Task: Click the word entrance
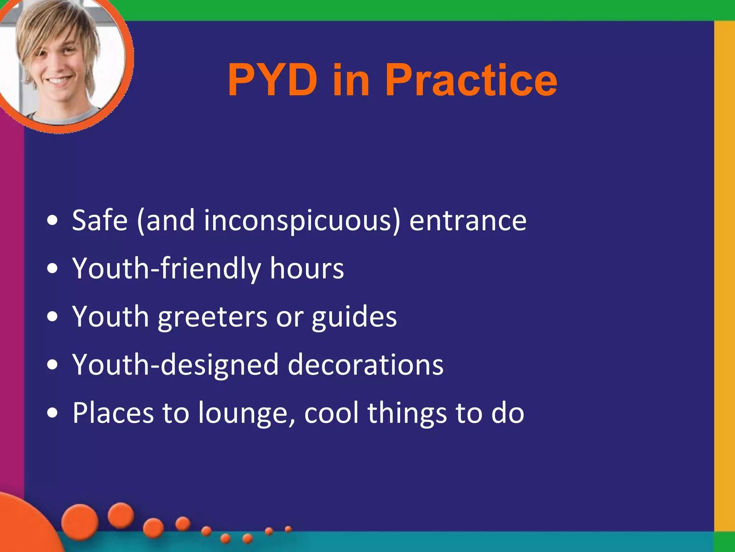click(x=468, y=221)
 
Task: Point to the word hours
click(x=307, y=268)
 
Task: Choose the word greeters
click(x=212, y=317)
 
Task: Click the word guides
click(x=354, y=317)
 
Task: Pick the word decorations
click(x=365, y=365)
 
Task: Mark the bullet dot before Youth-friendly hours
click(x=52, y=268)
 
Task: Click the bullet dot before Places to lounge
click(x=52, y=413)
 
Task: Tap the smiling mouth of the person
click(x=59, y=80)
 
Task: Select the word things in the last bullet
click(x=407, y=413)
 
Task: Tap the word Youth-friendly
click(x=167, y=268)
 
